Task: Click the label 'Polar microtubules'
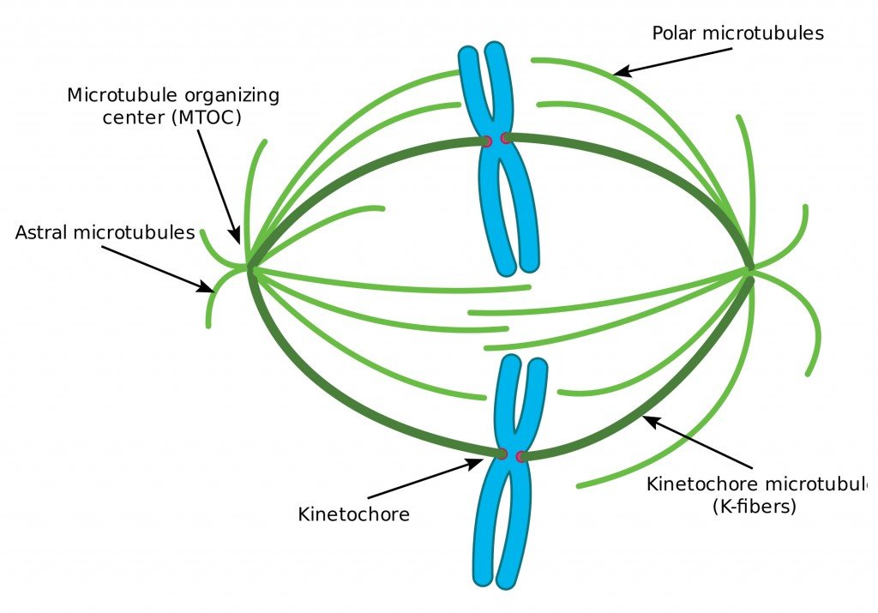tap(737, 33)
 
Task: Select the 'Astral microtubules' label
tap(105, 232)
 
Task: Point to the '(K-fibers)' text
tap(755, 507)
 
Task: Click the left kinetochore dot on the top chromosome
tap(486, 141)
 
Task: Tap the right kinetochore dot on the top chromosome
tap(506, 138)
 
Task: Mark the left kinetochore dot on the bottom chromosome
tap(502, 453)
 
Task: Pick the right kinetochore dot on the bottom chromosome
tap(521, 455)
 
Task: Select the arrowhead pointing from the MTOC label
tap(237, 237)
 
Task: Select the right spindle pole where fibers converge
tap(751, 268)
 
